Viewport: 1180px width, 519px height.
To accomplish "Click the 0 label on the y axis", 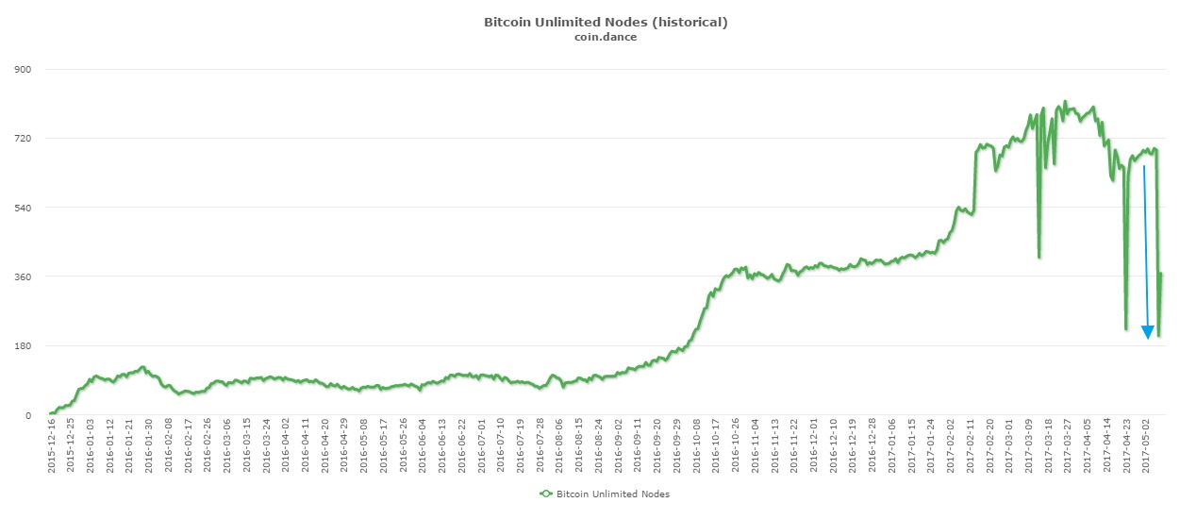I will click(29, 415).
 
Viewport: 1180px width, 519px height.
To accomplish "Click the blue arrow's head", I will click(1148, 331).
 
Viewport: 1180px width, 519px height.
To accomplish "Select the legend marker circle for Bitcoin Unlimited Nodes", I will click(545, 494).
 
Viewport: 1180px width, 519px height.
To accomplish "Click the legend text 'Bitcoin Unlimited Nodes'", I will click(613, 494).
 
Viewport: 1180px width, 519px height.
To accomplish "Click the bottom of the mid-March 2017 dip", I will click(1039, 257).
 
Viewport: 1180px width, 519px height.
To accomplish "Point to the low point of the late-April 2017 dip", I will click(1126, 329).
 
